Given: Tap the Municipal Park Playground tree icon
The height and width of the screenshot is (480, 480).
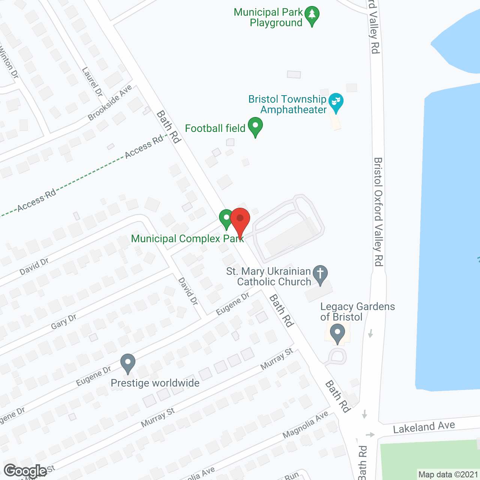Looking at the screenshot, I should pos(312,16).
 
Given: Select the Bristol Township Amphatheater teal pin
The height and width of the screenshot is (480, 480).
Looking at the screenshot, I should pos(336,102).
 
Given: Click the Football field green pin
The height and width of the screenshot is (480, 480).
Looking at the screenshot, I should pos(255,126).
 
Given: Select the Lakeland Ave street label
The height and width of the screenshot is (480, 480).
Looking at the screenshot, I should pos(424,427).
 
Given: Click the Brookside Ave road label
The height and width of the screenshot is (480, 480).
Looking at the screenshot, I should pos(110,103).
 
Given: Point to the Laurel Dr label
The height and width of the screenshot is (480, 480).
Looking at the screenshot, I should pos(92,82).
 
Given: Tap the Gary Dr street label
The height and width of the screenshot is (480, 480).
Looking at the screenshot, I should pos(63,322).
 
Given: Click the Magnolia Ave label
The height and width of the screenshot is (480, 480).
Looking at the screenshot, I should pos(305,424).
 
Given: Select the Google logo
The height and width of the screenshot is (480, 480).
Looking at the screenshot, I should pos(25,471).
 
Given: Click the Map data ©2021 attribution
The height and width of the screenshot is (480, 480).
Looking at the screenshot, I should pos(448,475).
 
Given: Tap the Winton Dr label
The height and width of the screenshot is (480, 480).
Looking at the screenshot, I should pos(9,62).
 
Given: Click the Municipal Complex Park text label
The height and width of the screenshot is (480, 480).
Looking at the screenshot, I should pos(187,239).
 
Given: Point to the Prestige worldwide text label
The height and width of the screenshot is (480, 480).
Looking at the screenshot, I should pos(155,383).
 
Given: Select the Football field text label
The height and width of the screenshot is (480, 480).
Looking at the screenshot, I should pos(215,129).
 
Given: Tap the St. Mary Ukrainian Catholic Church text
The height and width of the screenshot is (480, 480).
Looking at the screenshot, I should pos(269,276).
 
